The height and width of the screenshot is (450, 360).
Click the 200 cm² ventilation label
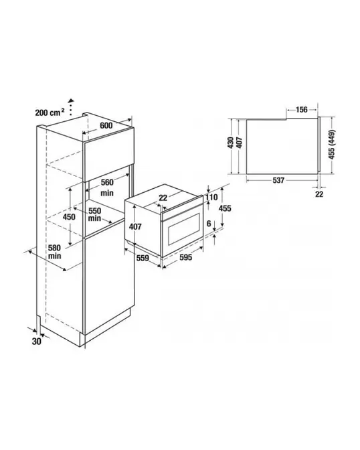coord(50,112)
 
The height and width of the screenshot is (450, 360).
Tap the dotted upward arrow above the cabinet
coord(70,107)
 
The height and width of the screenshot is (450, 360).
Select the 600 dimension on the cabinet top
coord(106,125)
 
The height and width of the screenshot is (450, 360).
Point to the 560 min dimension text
coord(107,187)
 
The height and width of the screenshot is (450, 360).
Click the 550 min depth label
coord(94,214)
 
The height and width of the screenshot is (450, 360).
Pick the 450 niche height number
coord(69,217)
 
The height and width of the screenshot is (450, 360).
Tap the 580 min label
coord(54,251)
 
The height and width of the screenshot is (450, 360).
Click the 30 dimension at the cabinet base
coord(37,342)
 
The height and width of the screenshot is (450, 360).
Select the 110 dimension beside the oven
coord(211,197)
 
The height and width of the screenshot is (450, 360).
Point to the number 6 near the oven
coord(209,223)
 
